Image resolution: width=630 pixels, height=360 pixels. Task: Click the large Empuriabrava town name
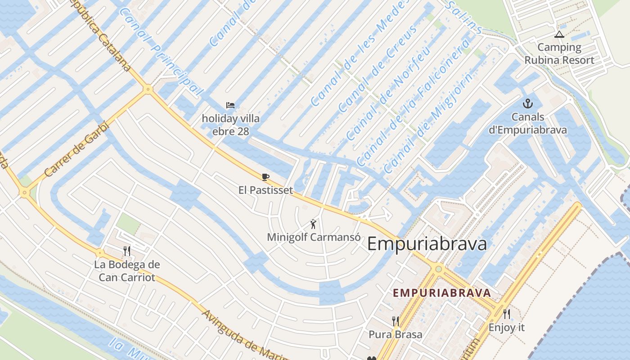tap(427, 244)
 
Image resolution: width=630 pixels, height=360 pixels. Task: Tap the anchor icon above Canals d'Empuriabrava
tap(527, 104)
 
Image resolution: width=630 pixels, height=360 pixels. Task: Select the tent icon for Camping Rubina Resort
tap(559, 34)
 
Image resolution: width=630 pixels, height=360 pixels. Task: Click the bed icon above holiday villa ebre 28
tap(230, 106)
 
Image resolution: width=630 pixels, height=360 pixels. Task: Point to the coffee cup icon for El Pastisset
tap(265, 177)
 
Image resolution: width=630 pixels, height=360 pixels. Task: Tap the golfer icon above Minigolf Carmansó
tap(313, 224)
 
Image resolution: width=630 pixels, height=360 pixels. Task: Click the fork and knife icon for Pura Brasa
tap(395, 321)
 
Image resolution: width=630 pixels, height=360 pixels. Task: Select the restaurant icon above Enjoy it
tap(507, 314)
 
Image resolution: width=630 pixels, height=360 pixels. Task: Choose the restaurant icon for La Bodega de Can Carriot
tap(127, 251)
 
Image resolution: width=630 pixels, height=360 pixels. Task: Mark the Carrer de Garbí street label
tap(76, 149)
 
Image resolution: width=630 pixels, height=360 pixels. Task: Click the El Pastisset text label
tap(265, 190)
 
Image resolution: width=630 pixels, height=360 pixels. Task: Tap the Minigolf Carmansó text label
tap(314, 237)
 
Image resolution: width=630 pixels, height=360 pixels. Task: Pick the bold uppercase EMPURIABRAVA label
tap(441, 293)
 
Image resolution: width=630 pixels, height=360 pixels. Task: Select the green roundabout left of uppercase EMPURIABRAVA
tap(438, 269)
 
